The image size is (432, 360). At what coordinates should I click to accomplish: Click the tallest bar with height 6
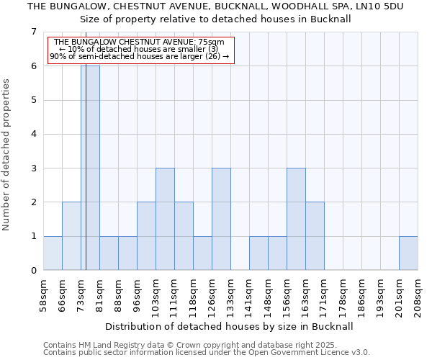pos(90,168)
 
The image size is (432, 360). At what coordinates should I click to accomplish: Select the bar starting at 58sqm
pos(53,253)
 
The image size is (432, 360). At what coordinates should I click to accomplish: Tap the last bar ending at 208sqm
pos(408,253)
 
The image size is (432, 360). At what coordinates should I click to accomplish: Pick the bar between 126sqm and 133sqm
pos(221,219)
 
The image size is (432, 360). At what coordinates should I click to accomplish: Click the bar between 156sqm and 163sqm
pos(296,219)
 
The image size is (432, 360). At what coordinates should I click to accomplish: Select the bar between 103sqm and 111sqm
pos(165,219)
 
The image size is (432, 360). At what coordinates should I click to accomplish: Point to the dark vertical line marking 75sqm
pos(85,180)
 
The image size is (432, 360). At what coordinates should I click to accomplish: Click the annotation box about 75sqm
pos(141,50)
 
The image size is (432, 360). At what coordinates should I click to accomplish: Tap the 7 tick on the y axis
pos(33,32)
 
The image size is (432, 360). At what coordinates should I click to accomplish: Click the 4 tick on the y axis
pos(33,134)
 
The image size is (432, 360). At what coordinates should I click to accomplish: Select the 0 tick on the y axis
pos(33,271)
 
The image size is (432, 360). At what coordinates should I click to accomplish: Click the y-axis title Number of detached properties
pos(7,155)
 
